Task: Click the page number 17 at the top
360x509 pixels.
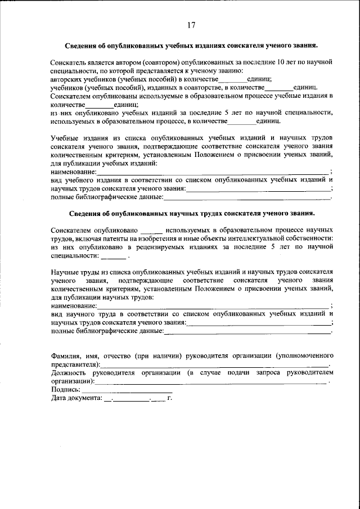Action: (x=191, y=24)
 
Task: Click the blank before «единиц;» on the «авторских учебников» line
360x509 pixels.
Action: (x=232, y=79)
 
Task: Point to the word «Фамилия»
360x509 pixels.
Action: (x=66, y=356)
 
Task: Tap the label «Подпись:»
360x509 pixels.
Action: (x=65, y=390)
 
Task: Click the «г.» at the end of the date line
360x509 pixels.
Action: (x=169, y=398)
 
